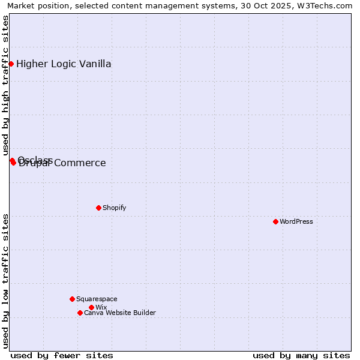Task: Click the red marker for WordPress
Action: (x=275, y=221)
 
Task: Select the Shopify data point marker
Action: (x=98, y=208)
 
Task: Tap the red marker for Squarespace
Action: (x=72, y=299)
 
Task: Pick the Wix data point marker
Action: (x=91, y=307)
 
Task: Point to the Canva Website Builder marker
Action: (x=80, y=313)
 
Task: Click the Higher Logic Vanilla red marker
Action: (x=11, y=64)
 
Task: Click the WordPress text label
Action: (x=296, y=221)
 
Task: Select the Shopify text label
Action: (x=115, y=208)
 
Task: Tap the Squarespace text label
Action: (x=97, y=299)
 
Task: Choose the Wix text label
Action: (x=101, y=307)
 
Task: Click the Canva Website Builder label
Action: (x=120, y=313)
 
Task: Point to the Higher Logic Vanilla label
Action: (x=64, y=64)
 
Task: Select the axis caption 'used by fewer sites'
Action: (x=62, y=355)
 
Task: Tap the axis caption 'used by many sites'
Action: (x=301, y=355)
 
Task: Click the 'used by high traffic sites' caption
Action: (x=6, y=86)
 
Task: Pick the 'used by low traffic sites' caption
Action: (x=6, y=281)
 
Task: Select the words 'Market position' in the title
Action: (x=36, y=6)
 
